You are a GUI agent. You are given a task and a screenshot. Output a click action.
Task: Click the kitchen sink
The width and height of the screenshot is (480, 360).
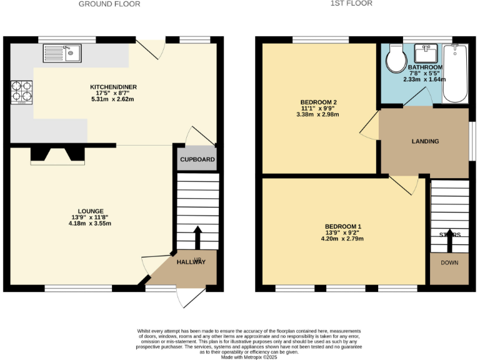point(62,54)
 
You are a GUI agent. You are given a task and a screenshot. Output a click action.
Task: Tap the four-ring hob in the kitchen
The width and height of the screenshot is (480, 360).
point(22,92)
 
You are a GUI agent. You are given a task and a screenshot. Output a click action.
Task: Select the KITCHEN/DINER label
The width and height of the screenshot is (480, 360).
point(113,87)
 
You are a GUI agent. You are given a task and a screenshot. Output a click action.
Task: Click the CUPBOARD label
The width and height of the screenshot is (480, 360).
point(197,159)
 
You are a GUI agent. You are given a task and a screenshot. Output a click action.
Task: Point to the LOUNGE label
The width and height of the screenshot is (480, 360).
point(91,211)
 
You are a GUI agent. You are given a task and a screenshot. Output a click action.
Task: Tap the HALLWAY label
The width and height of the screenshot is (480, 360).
point(191,262)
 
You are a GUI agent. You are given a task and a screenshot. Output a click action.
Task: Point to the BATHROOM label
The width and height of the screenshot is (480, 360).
point(425,67)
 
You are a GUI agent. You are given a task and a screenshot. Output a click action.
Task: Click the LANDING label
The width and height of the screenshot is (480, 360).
point(425,141)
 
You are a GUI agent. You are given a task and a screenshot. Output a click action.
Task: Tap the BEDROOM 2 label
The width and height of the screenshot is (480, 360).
point(319,102)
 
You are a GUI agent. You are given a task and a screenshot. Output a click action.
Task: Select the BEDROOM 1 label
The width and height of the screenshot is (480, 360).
point(342,226)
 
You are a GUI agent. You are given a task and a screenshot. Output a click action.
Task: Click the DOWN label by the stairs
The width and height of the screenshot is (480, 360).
point(449,262)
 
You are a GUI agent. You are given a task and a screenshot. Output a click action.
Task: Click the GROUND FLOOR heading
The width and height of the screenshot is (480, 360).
point(109,4)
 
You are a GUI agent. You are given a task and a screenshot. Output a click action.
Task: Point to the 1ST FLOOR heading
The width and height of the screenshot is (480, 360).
point(351,3)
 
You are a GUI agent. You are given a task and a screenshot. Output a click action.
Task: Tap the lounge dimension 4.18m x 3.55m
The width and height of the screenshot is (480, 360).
point(91,223)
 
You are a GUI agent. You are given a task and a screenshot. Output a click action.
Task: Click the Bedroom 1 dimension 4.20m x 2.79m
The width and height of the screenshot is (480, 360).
point(342,239)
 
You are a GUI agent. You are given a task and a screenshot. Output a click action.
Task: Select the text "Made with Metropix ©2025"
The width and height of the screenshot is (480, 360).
point(249,356)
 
